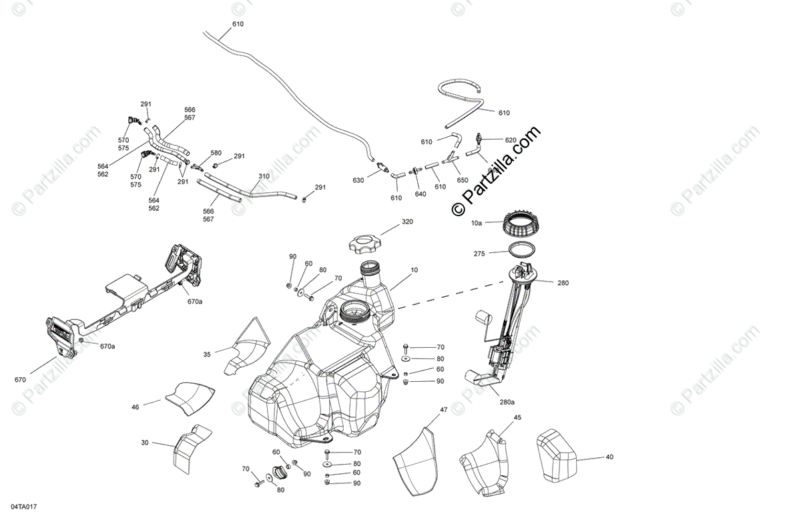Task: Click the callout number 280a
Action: click(x=507, y=402)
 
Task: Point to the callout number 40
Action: click(x=609, y=457)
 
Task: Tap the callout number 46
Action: click(x=136, y=406)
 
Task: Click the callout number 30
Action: click(x=145, y=442)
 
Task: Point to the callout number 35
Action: click(x=207, y=354)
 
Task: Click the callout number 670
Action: click(x=20, y=380)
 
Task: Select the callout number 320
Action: click(x=407, y=222)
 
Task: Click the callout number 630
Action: click(x=358, y=181)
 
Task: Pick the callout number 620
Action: click(x=511, y=140)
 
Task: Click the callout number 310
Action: click(x=264, y=177)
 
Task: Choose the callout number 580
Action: click(x=216, y=153)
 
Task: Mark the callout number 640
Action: click(x=420, y=194)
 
